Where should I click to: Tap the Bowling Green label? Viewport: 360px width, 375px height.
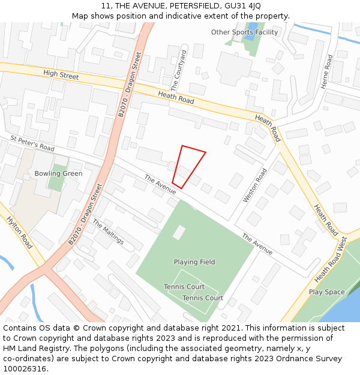click(x=58, y=173)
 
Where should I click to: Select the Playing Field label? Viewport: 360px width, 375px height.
click(x=194, y=262)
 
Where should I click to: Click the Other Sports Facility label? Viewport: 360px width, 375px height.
click(x=245, y=32)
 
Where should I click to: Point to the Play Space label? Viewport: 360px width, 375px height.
click(x=326, y=292)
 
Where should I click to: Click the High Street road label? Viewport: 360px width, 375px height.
click(x=61, y=75)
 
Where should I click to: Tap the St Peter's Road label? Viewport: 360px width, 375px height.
click(x=32, y=143)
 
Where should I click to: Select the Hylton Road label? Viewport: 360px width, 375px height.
click(x=19, y=233)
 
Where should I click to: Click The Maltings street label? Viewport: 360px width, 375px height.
click(x=108, y=232)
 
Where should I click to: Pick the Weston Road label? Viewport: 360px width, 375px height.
click(x=254, y=185)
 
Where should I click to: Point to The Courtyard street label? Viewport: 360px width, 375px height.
click(x=179, y=71)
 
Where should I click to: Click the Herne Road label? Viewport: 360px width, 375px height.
click(x=326, y=72)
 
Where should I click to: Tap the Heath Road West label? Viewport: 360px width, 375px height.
click(x=331, y=260)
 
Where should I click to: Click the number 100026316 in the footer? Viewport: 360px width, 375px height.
click(x=26, y=369)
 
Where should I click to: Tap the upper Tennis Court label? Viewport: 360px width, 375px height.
click(x=184, y=287)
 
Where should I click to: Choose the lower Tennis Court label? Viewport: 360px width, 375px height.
click(x=203, y=298)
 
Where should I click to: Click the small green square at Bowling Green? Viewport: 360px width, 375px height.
click(x=56, y=182)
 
